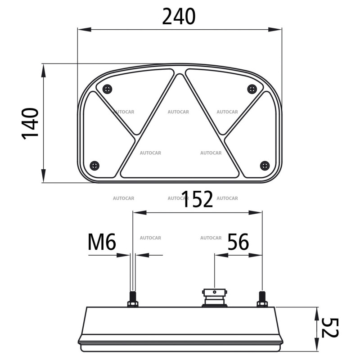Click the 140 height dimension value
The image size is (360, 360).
click(30, 123)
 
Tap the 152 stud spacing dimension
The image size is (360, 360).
click(197, 199)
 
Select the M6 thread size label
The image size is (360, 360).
click(102, 243)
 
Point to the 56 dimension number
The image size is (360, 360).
click(238, 243)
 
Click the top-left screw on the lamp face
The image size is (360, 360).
click(107, 89)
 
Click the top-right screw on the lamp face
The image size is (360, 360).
click(252, 89)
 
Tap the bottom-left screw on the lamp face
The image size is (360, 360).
click(94, 166)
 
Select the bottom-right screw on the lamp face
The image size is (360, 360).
click(265, 166)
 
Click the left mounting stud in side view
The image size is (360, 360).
click(133, 299)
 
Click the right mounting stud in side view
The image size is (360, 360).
click(262, 299)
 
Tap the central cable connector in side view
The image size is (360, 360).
click(214, 297)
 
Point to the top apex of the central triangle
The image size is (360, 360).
click(180, 76)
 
